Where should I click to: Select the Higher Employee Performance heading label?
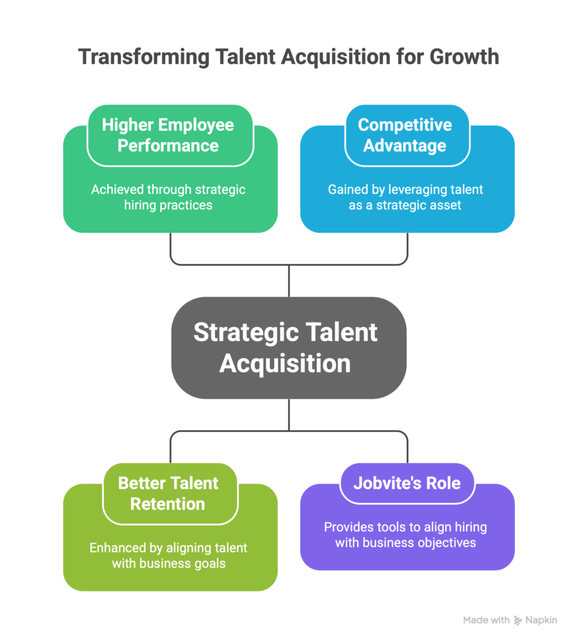click(168, 135)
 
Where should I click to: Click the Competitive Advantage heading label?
click(405, 135)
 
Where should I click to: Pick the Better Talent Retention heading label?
click(168, 493)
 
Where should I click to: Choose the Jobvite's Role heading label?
click(407, 483)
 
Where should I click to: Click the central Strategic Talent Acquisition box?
click(286, 348)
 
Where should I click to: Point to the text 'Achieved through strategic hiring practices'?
click(168, 197)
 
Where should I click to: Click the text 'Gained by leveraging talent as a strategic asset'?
click(405, 197)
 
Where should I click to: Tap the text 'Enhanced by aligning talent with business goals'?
click(168, 555)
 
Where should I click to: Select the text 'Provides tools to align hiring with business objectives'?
click(405, 535)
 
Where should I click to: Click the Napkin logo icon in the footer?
click(518, 620)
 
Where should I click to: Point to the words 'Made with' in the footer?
click(486, 620)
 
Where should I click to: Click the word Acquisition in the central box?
click(285, 364)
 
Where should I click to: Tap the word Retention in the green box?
click(168, 504)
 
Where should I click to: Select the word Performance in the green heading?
click(168, 145)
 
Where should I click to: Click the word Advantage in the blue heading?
click(405, 145)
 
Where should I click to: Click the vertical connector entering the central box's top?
click(289, 280)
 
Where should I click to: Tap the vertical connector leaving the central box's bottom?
click(289, 415)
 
